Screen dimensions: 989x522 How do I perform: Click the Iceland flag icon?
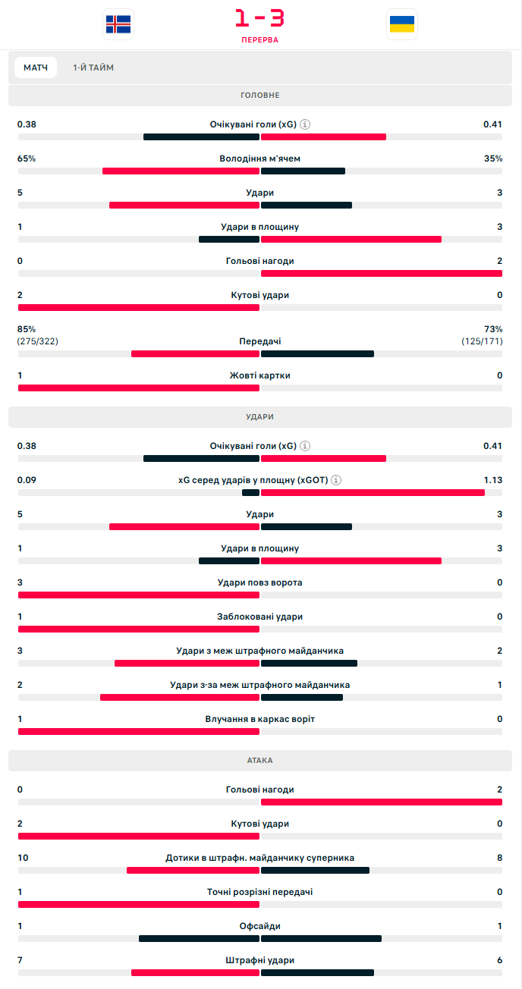[x=118, y=24]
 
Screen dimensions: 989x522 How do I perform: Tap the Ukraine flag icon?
[x=401, y=24]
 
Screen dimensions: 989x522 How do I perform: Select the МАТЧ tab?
[x=36, y=68]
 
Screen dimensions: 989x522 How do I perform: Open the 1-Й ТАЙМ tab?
[x=93, y=68]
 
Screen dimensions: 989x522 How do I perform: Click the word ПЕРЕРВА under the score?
[x=260, y=39]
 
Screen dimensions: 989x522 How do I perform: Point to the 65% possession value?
[x=27, y=159]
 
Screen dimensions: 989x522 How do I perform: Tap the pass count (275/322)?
[x=38, y=341]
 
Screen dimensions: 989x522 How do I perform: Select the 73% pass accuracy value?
[x=493, y=329]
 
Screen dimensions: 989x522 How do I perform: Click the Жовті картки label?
[x=260, y=375]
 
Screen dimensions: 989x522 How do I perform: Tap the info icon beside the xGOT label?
[x=336, y=480]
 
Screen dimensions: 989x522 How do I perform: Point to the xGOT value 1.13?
[x=493, y=480]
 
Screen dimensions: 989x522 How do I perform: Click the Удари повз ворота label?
[x=260, y=582]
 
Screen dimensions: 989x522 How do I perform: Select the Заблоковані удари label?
[x=260, y=617]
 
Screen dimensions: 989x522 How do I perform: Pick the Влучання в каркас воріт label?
[x=260, y=719]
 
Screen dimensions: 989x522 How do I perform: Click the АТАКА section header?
[x=260, y=760]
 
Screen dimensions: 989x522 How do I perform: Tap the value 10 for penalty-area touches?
[x=23, y=858]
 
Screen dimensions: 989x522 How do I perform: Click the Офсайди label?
[x=260, y=926]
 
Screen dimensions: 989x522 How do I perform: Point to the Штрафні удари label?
[x=260, y=960]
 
